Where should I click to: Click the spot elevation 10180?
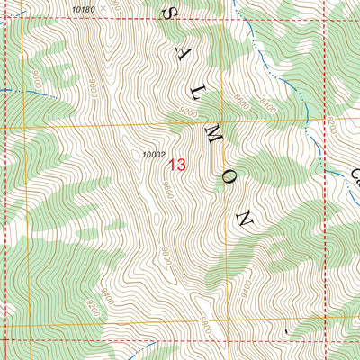coord(82,8)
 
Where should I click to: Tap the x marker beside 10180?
coord(103,7)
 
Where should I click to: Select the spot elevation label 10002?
coord(154,155)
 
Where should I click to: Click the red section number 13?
coord(176,165)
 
